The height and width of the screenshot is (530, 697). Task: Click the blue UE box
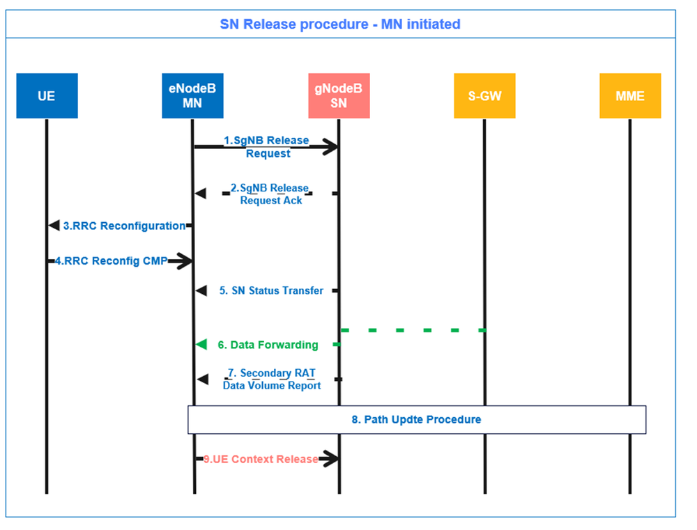[47, 95]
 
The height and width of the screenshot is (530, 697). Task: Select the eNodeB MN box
[192, 95]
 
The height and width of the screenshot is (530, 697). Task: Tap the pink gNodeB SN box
[339, 95]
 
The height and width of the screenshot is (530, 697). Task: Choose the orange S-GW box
[484, 95]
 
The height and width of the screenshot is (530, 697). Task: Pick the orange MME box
[630, 95]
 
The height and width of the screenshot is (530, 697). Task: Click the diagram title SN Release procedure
[340, 24]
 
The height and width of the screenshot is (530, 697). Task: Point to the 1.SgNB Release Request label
[266, 146]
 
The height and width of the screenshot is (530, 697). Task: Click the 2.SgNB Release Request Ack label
[270, 194]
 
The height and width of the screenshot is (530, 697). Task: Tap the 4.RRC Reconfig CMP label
[112, 262]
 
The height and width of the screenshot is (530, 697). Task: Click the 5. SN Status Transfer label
[271, 290]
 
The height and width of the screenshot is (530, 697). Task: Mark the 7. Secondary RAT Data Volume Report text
[272, 380]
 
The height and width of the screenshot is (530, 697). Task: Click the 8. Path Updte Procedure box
[417, 420]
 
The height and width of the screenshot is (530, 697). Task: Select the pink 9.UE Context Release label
[261, 459]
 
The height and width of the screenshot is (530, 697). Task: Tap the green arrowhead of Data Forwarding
[201, 344]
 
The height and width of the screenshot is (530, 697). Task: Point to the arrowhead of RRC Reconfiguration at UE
[54, 226]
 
